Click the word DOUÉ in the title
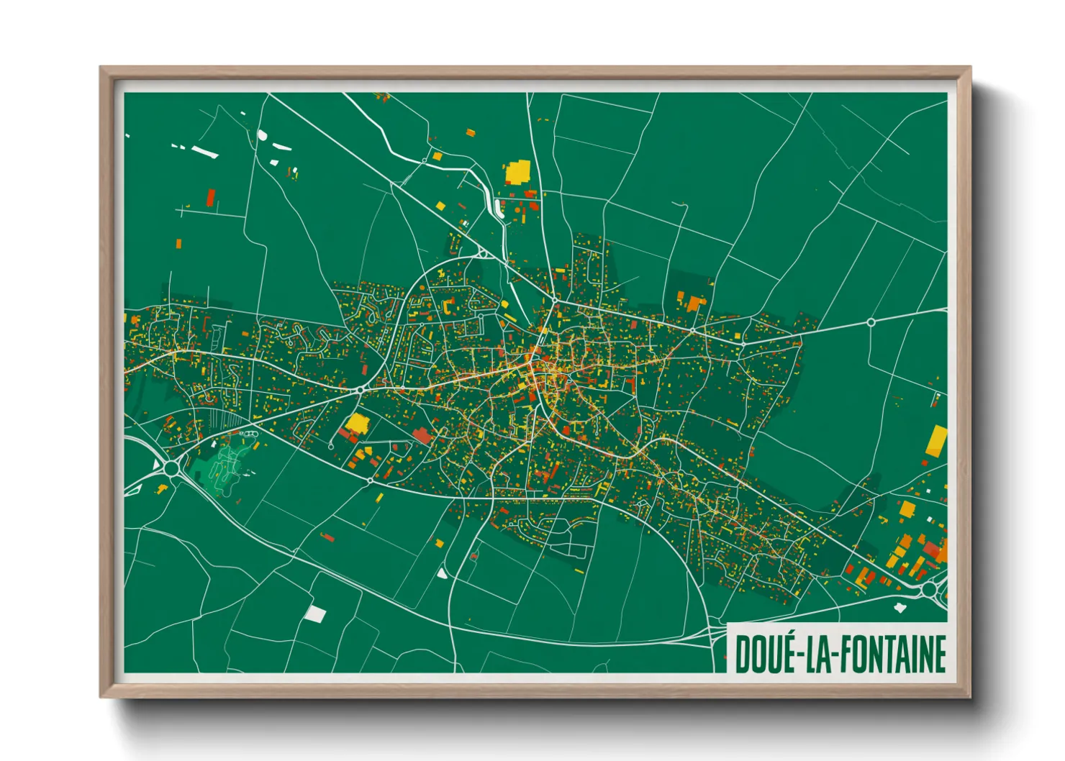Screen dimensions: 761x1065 762,653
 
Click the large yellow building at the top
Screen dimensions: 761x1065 517,173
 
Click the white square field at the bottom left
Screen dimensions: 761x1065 314,614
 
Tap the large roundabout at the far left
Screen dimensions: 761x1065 171,468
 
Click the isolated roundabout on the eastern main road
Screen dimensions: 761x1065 871,322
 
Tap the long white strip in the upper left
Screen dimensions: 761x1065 204,152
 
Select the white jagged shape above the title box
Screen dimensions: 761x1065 899,608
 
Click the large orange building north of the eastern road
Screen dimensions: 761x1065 695,303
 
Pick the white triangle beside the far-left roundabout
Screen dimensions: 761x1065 156,464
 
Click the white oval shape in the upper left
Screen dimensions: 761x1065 263,135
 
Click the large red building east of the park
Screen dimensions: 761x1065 421,435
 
